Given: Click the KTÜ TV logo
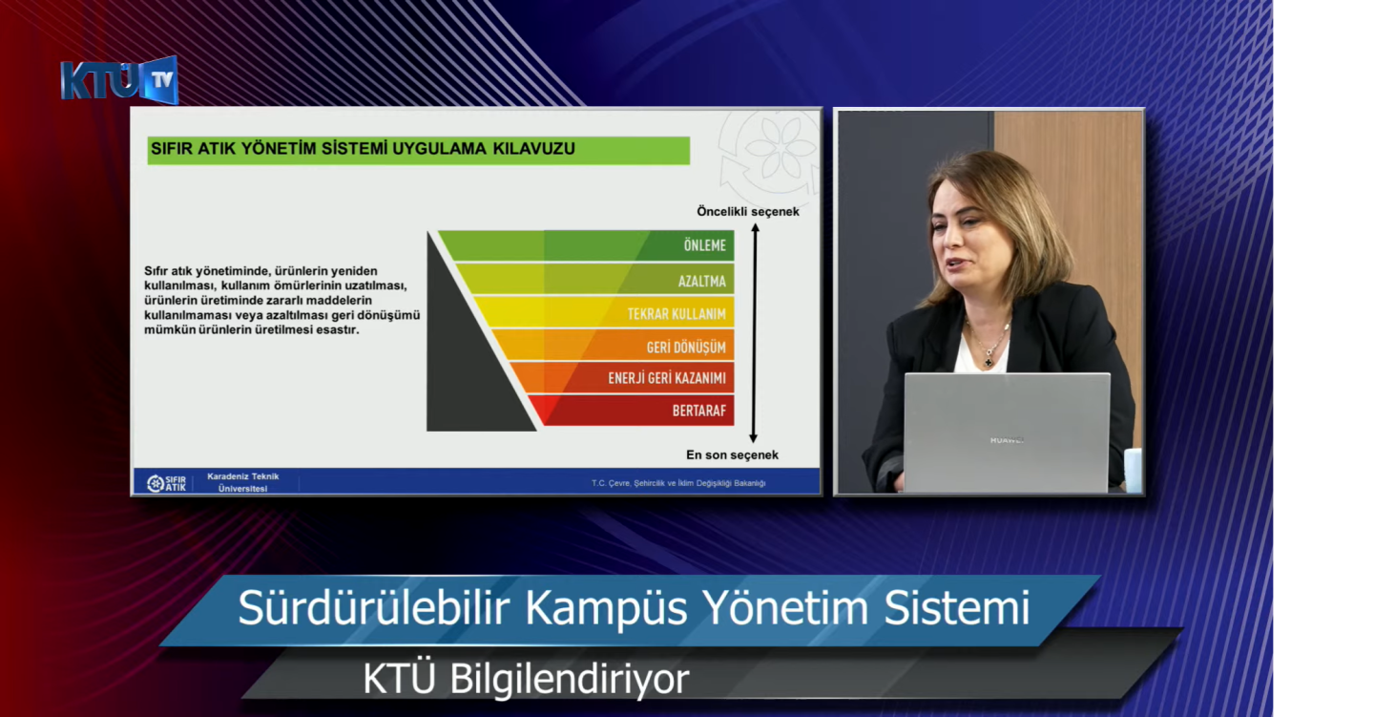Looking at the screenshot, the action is (x=119, y=80).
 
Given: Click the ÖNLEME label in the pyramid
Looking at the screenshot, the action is (x=705, y=245).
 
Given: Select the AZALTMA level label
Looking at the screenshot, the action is (x=701, y=281).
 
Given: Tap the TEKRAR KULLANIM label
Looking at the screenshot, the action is (x=676, y=314).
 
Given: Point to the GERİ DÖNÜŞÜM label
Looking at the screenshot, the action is (x=686, y=347).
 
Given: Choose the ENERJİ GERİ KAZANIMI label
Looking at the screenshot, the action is (x=667, y=377).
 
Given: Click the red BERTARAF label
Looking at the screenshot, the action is (x=698, y=411).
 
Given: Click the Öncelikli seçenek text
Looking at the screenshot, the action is (x=748, y=212).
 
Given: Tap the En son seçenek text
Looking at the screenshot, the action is (x=732, y=454).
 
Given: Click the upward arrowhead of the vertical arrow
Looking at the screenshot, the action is (x=755, y=228).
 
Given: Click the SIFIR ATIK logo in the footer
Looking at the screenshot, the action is (x=166, y=483).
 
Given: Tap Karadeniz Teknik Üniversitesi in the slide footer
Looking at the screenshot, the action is (x=243, y=482).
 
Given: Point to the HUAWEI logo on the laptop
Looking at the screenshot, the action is (x=1007, y=440).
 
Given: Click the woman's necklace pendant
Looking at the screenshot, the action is (x=989, y=362).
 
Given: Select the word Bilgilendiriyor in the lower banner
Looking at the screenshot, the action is (x=570, y=679).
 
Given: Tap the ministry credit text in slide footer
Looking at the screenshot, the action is (x=678, y=483).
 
